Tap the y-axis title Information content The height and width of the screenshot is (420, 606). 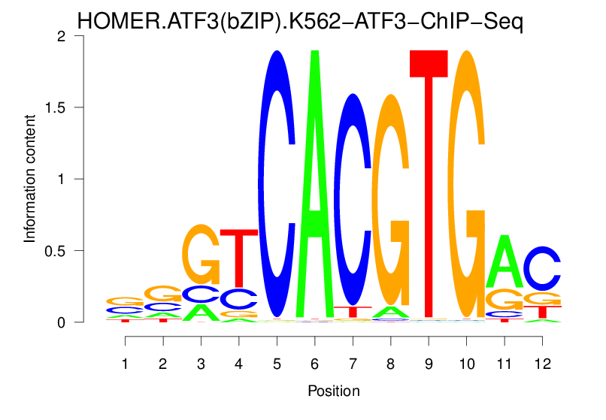coord(30,179)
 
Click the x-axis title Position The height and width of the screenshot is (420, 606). coord(333,391)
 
